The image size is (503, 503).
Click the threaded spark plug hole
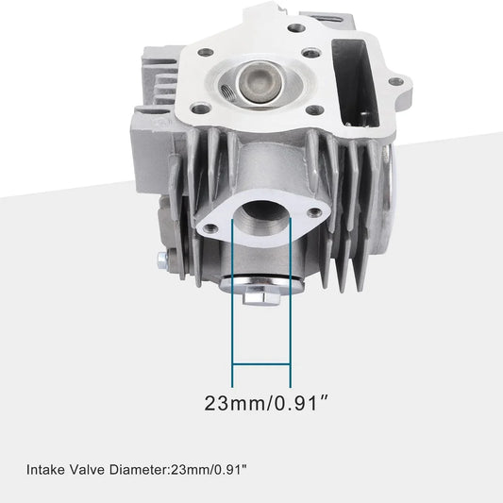tap(228, 91)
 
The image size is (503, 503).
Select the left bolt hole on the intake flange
tap(210, 228)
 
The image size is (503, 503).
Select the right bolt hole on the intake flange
tap(314, 211)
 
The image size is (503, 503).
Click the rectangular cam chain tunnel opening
tap(356, 83)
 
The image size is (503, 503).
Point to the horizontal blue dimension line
tap(261, 364)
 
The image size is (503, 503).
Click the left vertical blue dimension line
tap(232, 303)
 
